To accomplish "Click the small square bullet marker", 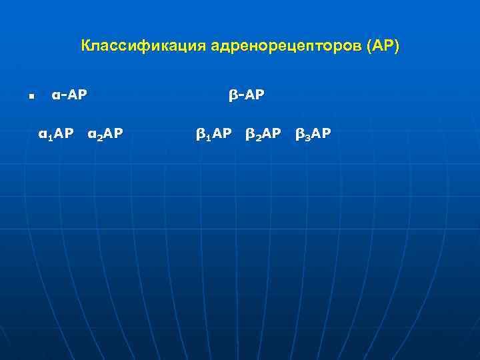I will click(31, 97).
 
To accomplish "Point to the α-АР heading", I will click(69, 95).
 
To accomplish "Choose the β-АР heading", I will click(246, 95).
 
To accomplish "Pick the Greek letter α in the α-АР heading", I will click(55, 96).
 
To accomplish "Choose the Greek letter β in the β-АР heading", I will click(233, 96).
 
